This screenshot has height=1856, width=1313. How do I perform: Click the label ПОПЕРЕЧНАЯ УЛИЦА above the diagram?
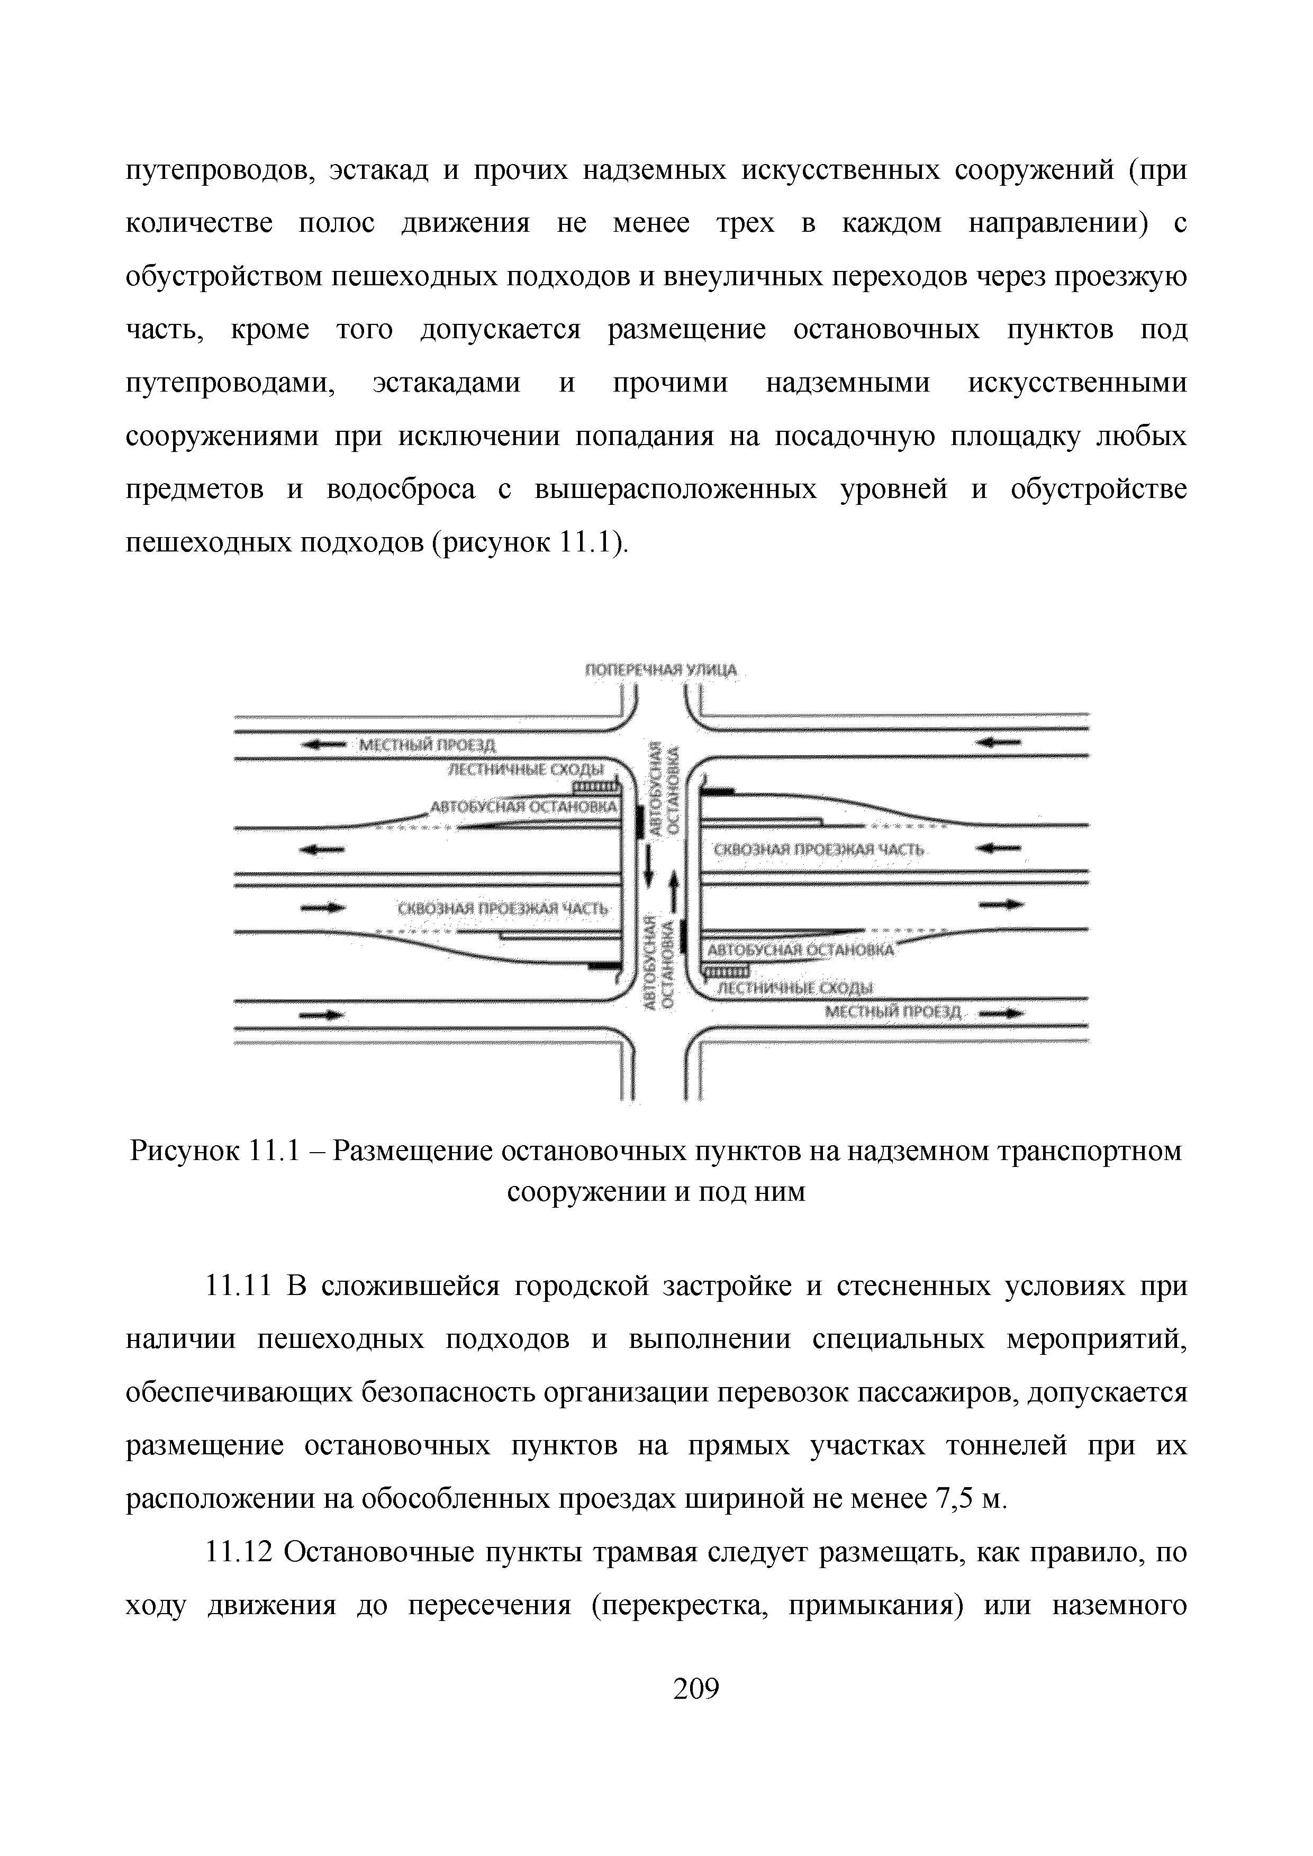pos(660,670)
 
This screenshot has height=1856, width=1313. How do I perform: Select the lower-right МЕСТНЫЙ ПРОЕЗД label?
pos(893,1012)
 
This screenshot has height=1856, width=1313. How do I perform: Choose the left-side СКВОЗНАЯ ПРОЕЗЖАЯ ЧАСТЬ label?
pos(502,909)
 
